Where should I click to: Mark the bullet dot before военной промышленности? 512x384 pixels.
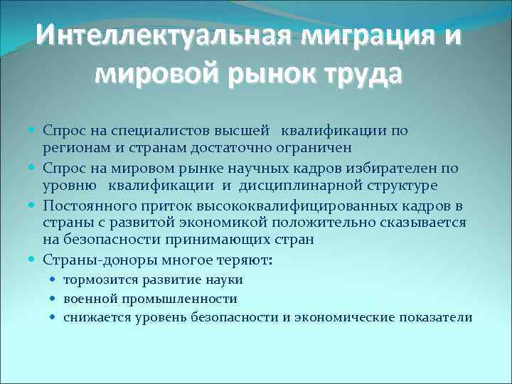pos(55,299)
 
